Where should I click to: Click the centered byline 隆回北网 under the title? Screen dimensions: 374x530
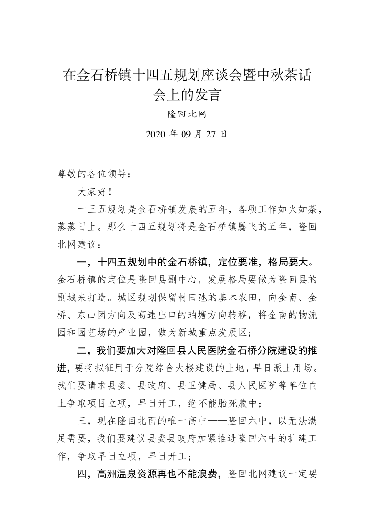point(187,115)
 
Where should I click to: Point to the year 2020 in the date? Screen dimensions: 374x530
point(156,134)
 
